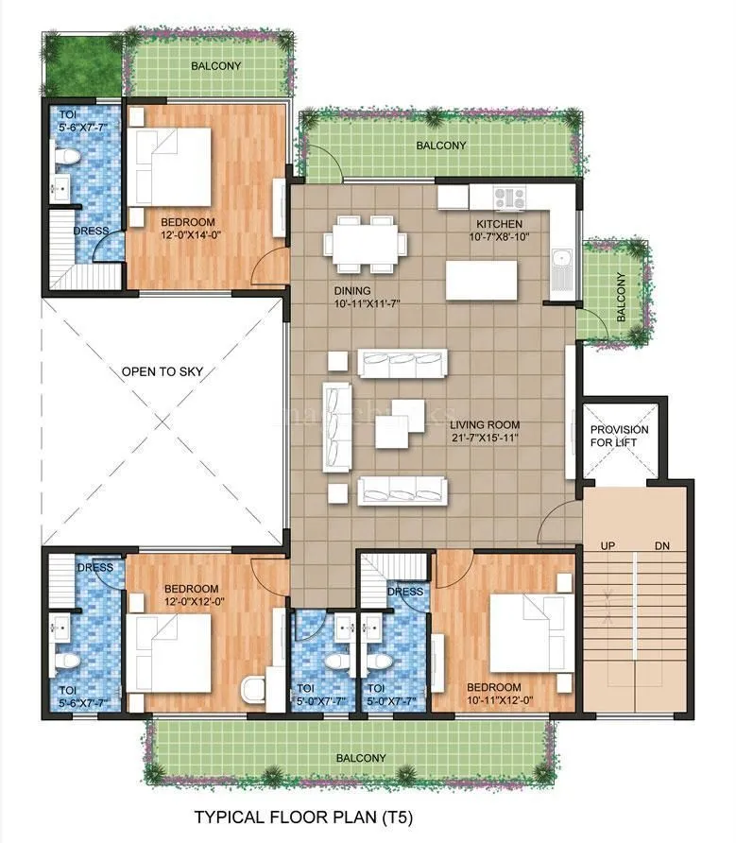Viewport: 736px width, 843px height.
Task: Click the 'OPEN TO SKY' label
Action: pyautogui.click(x=162, y=371)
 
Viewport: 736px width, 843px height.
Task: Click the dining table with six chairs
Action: pyautogui.click(x=368, y=243)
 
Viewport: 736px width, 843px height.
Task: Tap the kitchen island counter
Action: pyautogui.click(x=482, y=280)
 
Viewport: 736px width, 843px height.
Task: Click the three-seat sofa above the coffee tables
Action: pyautogui.click(x=402, y=364)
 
